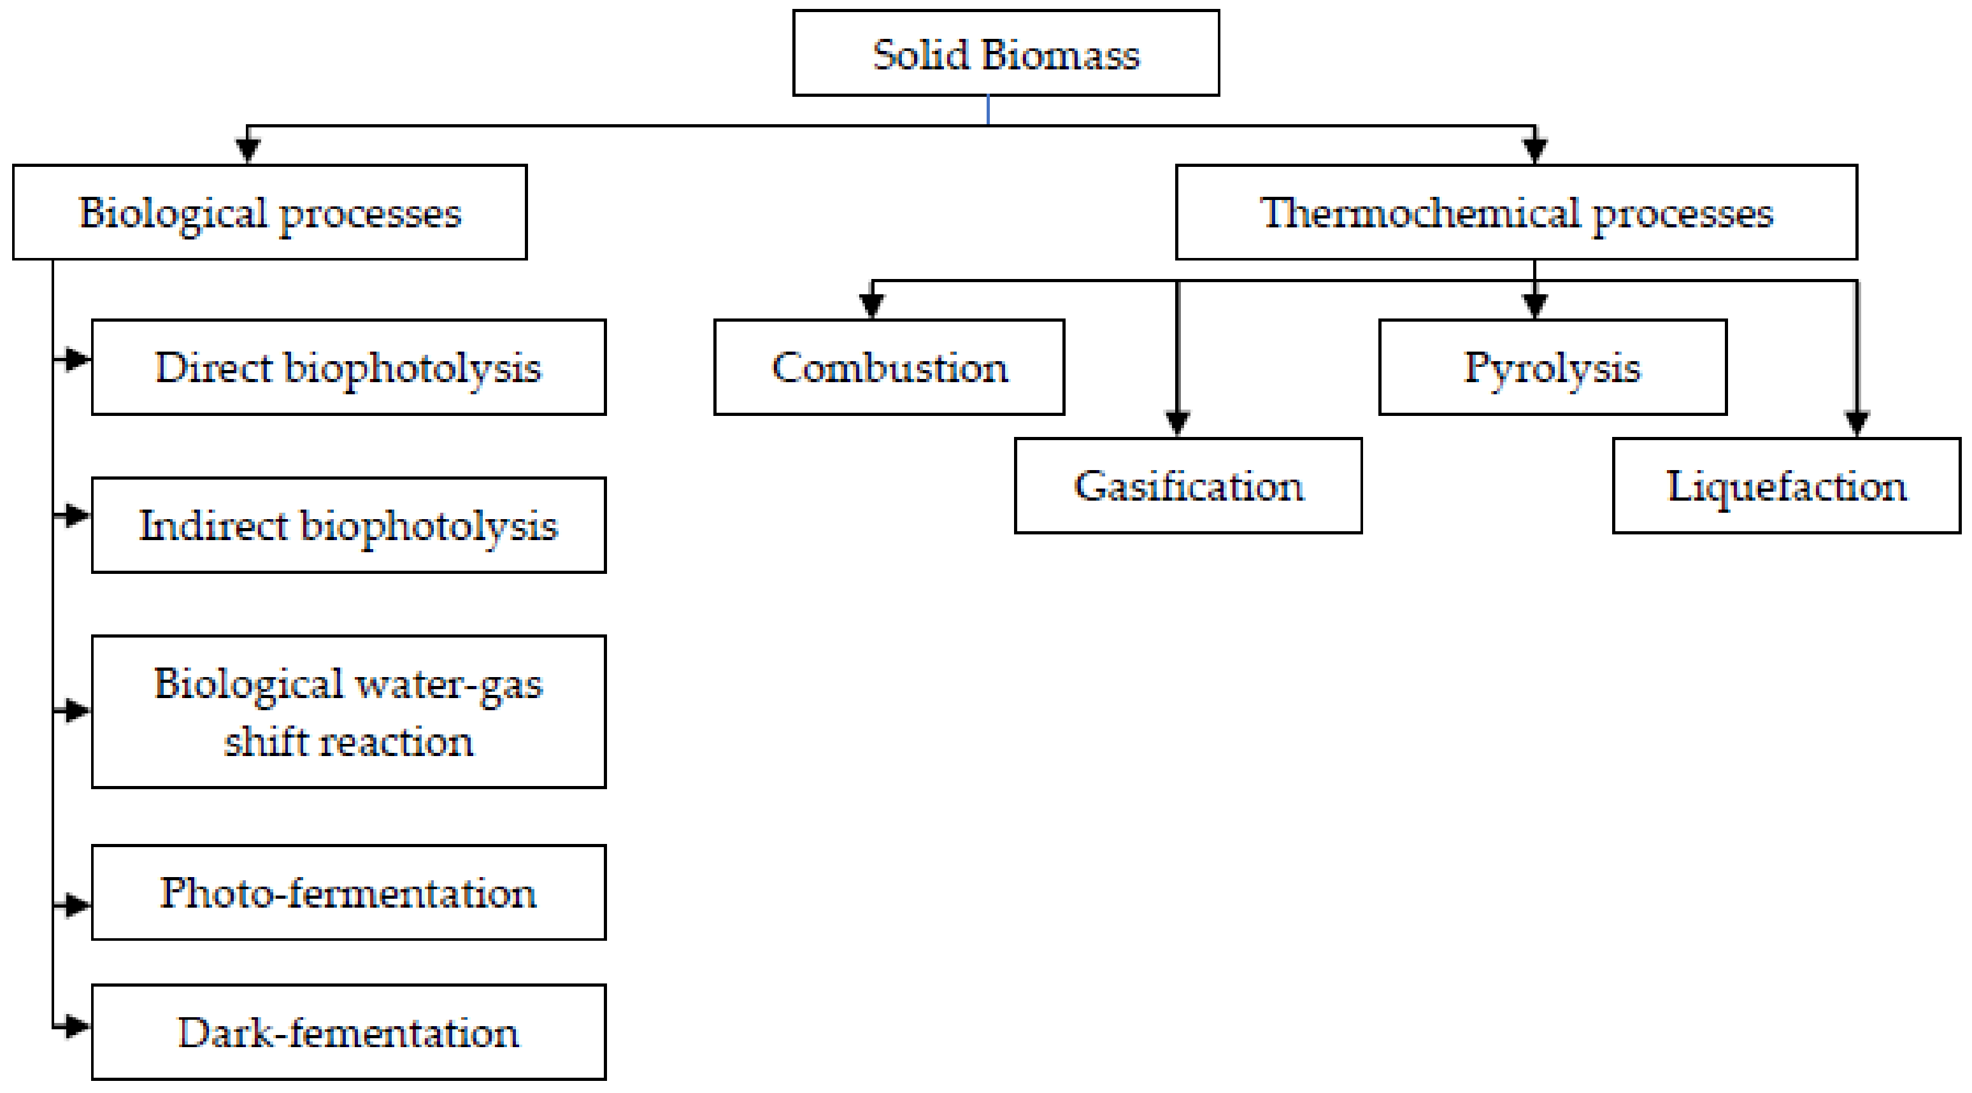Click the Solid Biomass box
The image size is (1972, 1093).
[1005, 54]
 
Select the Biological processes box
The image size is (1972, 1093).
[269, 212]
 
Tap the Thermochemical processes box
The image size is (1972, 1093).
[1516, 212]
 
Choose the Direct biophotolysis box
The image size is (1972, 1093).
[348, 368]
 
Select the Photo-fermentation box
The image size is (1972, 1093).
[348, 892]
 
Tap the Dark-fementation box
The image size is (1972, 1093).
[348, 1032]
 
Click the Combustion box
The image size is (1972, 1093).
[889, 368]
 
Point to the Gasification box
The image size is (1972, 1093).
[1187, 485]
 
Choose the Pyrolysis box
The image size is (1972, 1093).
[1552, 368]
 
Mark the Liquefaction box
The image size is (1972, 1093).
[1786, 485]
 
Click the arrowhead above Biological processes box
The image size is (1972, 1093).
[247, 148]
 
